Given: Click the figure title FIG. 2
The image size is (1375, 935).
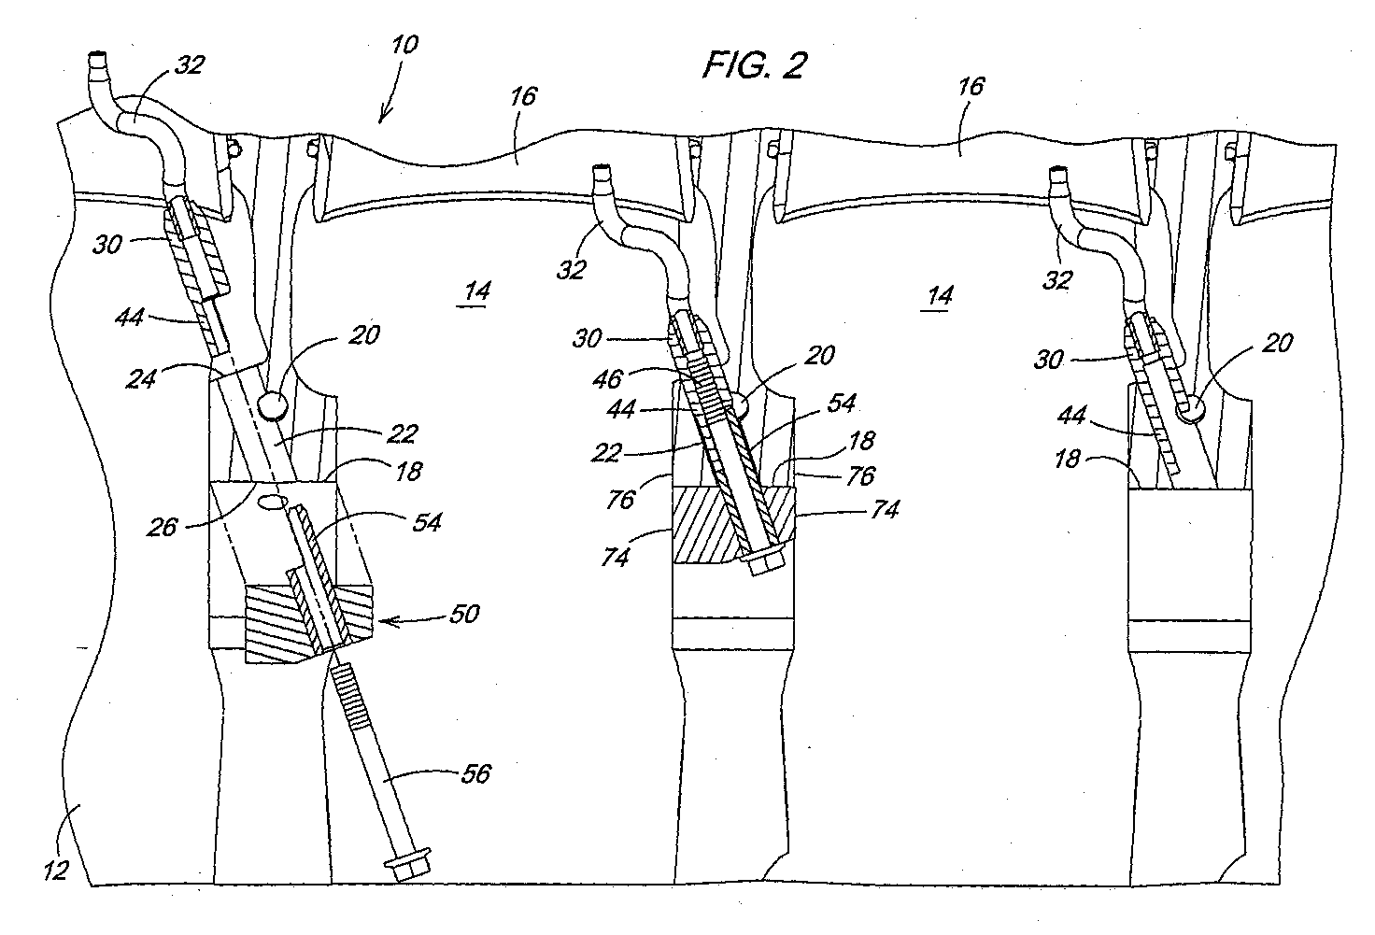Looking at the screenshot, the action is (x=755, y=64).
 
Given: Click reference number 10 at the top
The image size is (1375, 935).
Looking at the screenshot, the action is (x=404, y=45).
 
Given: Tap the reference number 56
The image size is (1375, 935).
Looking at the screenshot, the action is (x=475, y=774).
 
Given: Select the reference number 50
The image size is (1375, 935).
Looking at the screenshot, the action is (x=464, y=614).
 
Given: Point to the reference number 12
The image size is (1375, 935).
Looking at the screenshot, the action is (x=56, y=871).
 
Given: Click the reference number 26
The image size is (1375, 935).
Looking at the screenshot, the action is (x=162, y=528).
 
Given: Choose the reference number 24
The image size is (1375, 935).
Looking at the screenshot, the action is (x=141, y=379).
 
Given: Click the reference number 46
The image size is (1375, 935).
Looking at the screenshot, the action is (x=608, y=379).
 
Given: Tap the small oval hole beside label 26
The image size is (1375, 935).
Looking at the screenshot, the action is (x=272, y=502).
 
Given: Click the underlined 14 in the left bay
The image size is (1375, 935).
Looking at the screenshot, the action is (x=476, y=291).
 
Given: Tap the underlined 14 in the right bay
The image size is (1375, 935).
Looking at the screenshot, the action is (x=939, y=296).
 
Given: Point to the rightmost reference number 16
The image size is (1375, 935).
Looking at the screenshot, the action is (x=971, y=87).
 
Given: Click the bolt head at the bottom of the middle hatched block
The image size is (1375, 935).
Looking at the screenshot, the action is (x=763, y=560).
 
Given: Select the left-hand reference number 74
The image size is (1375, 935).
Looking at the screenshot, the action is (x=615, y=557).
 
